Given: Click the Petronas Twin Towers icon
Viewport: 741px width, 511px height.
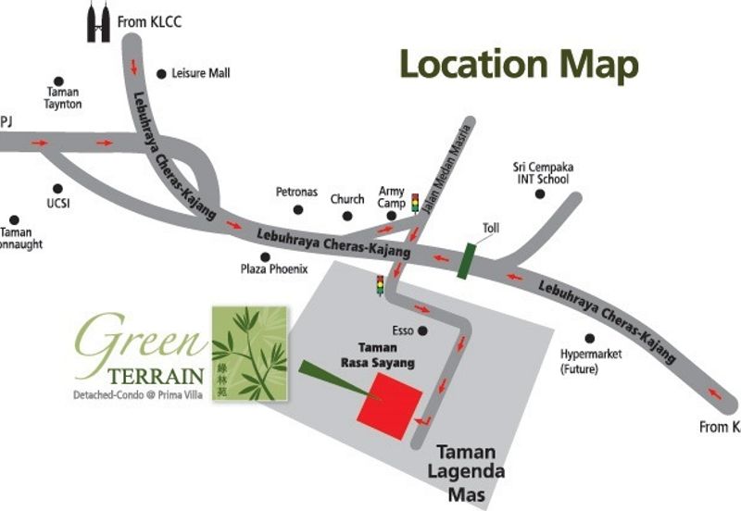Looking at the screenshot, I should pyautogui.click(x=98, y=22).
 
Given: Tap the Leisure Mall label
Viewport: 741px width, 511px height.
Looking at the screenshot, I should pyautogui.click(x=200, y=73).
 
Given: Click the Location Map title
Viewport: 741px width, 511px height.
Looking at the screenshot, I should pyautogui.click(x=519, y=65).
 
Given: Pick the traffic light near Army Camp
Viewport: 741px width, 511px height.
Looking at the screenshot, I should pyautogui.click(x=415, y=201).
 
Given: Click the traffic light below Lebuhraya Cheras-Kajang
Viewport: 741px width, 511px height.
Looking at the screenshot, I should pyautogui.click(x=379, y=284).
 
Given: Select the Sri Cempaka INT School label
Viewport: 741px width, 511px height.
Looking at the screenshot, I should pyautogui.click(x=541, y=173).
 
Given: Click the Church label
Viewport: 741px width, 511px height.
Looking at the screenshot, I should pyautogui.click(x=347, y=199).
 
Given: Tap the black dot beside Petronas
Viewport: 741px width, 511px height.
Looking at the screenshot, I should pyautogui.click(x=296, y=211).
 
